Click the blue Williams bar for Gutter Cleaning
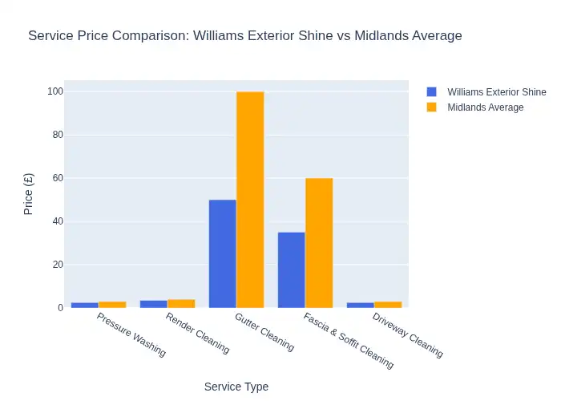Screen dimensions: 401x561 coord(223,253)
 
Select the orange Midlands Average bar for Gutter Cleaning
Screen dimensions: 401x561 coord(250,200)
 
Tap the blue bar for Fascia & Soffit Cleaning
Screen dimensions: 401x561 coord(292,269)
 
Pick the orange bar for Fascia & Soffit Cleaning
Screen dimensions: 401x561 coord(319,243)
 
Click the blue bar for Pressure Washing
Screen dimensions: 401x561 coord(85,305)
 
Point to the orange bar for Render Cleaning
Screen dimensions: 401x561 coord(181,303)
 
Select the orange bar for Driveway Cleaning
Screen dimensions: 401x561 coord(388,305)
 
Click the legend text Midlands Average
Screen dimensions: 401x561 coord(485,107)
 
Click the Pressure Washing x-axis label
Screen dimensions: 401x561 coord(131,334)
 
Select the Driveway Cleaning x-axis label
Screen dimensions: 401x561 coord(407,335)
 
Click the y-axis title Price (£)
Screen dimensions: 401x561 coord(29,195)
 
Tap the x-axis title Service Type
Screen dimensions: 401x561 coord(236,387)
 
